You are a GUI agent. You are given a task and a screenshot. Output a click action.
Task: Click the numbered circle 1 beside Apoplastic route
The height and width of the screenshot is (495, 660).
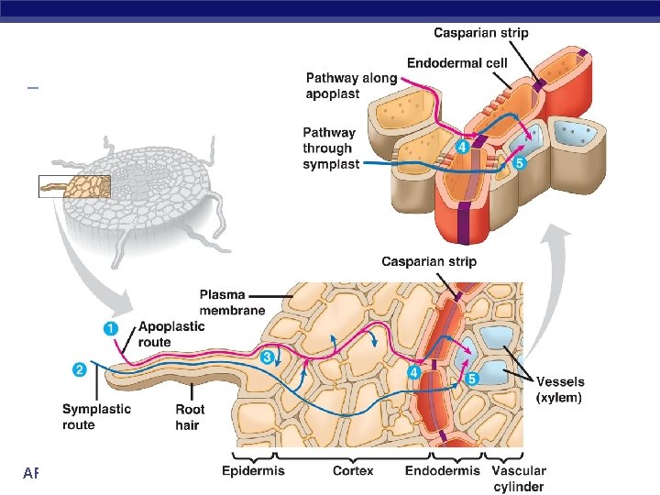(111, 327)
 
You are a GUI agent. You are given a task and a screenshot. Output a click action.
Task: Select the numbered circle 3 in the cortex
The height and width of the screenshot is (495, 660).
(268, 357)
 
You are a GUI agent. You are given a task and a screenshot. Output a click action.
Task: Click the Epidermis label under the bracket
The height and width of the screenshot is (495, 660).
(253, 470)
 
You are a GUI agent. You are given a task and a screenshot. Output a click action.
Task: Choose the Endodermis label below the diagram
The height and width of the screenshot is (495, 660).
(443, 470)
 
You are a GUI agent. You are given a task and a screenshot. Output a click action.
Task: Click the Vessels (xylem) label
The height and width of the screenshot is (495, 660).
(560, 390)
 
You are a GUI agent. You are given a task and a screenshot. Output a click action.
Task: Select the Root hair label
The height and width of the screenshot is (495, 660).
(190, 417)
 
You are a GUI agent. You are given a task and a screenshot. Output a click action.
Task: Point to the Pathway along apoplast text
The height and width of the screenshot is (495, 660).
(351, 85)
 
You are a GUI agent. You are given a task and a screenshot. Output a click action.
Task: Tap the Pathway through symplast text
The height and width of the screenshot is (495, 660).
(327, 148)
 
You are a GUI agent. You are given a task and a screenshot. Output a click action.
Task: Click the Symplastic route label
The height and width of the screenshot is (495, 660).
(96, 417)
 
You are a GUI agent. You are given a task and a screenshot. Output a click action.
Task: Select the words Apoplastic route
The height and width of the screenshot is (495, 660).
(168, 334)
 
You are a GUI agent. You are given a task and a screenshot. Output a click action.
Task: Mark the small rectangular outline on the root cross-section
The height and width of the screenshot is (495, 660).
(74, 186)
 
